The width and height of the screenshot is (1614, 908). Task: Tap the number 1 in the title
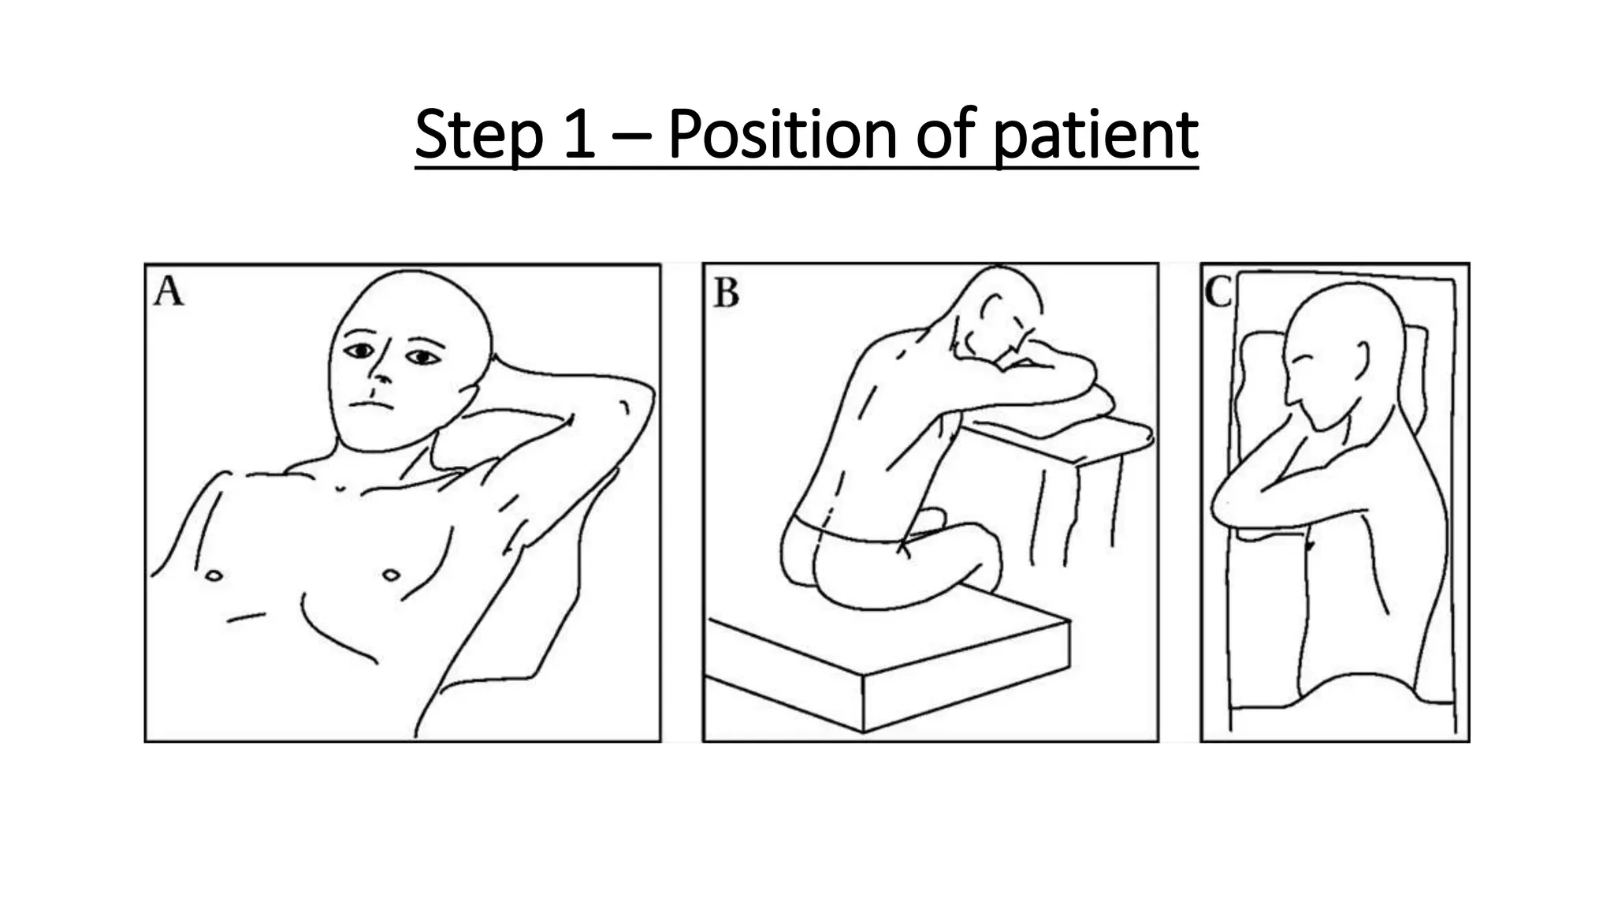(x=580, y=134)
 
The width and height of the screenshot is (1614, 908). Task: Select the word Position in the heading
(x=783, y=133)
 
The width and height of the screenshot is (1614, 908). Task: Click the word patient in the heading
(x=1096, y=136)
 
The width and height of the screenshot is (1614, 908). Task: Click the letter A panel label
(x=169, y=292)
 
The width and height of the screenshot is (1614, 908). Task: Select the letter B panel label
(x=726, y=293)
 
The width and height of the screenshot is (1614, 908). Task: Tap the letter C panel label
(x=1218, y=293)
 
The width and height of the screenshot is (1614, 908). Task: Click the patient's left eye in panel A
(x=423, y=358)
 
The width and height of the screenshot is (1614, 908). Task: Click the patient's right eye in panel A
(x=360, y=351)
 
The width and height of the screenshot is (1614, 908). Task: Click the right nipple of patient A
(x=213, y=576)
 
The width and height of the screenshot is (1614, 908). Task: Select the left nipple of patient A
(x=391, y=575)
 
